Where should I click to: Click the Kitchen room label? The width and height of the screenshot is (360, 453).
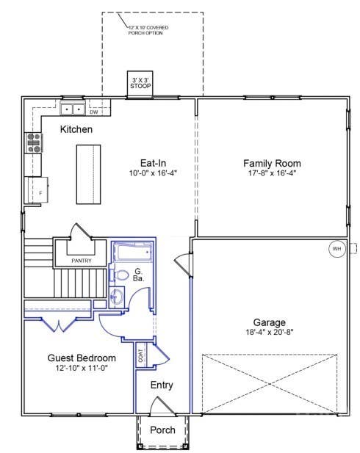76,129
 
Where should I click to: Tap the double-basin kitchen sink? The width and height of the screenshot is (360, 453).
73,109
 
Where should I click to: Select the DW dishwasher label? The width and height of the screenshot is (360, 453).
94,112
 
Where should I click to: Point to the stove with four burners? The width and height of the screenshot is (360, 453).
34,142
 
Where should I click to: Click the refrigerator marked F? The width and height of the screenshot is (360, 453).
38,190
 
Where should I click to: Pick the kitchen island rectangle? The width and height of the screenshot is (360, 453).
88,175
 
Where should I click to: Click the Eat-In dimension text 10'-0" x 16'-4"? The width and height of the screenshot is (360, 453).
153,173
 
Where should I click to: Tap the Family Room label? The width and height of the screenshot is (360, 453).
272,163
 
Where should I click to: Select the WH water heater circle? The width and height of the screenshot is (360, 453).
337,249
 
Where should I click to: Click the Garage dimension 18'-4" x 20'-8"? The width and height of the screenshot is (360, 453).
270,333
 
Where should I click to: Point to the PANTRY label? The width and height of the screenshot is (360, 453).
82,261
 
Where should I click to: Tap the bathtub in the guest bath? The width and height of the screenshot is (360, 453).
133,253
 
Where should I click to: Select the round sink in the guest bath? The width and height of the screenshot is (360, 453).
117,297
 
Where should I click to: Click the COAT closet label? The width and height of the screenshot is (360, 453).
141,356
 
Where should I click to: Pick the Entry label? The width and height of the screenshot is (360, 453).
162,385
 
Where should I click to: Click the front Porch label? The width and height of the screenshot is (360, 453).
162,430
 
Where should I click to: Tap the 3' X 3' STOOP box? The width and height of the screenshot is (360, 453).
140,84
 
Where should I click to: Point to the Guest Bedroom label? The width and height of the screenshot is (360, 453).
82,358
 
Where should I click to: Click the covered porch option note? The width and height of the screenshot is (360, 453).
148,30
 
